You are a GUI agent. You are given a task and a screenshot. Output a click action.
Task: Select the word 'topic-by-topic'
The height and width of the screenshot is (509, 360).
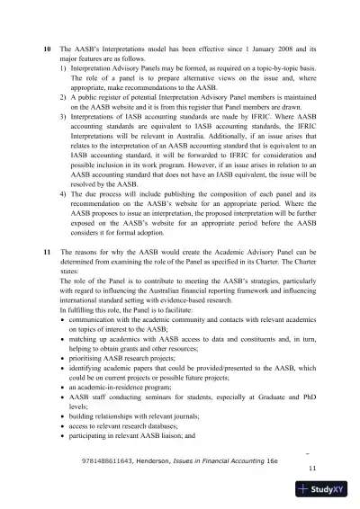coord(271,67)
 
